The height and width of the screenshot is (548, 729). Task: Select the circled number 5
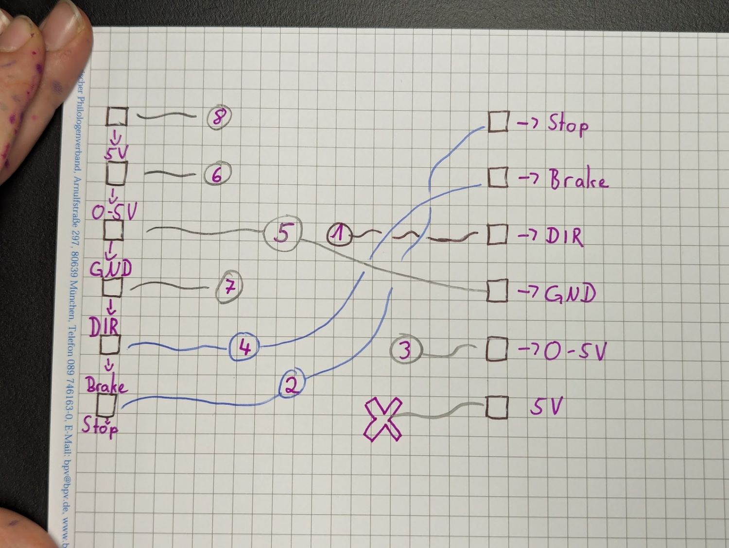tap(282, 233)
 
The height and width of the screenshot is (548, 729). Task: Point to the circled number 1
tap(340, 234)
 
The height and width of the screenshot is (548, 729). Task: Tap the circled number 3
tap(405, 349)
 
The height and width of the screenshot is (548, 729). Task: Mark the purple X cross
tap(383, 419)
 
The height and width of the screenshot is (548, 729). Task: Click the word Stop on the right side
tap(568, 124)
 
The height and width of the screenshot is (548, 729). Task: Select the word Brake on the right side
tap(578, 180)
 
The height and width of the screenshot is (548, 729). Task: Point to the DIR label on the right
tap(563, 236)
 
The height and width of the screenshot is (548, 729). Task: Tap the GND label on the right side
tap(570, 294)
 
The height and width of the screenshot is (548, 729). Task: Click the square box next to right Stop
tap(498, 121)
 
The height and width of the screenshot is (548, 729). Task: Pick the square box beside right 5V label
tap(497, 407)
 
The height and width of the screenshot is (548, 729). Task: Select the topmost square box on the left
tap(117, 117)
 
